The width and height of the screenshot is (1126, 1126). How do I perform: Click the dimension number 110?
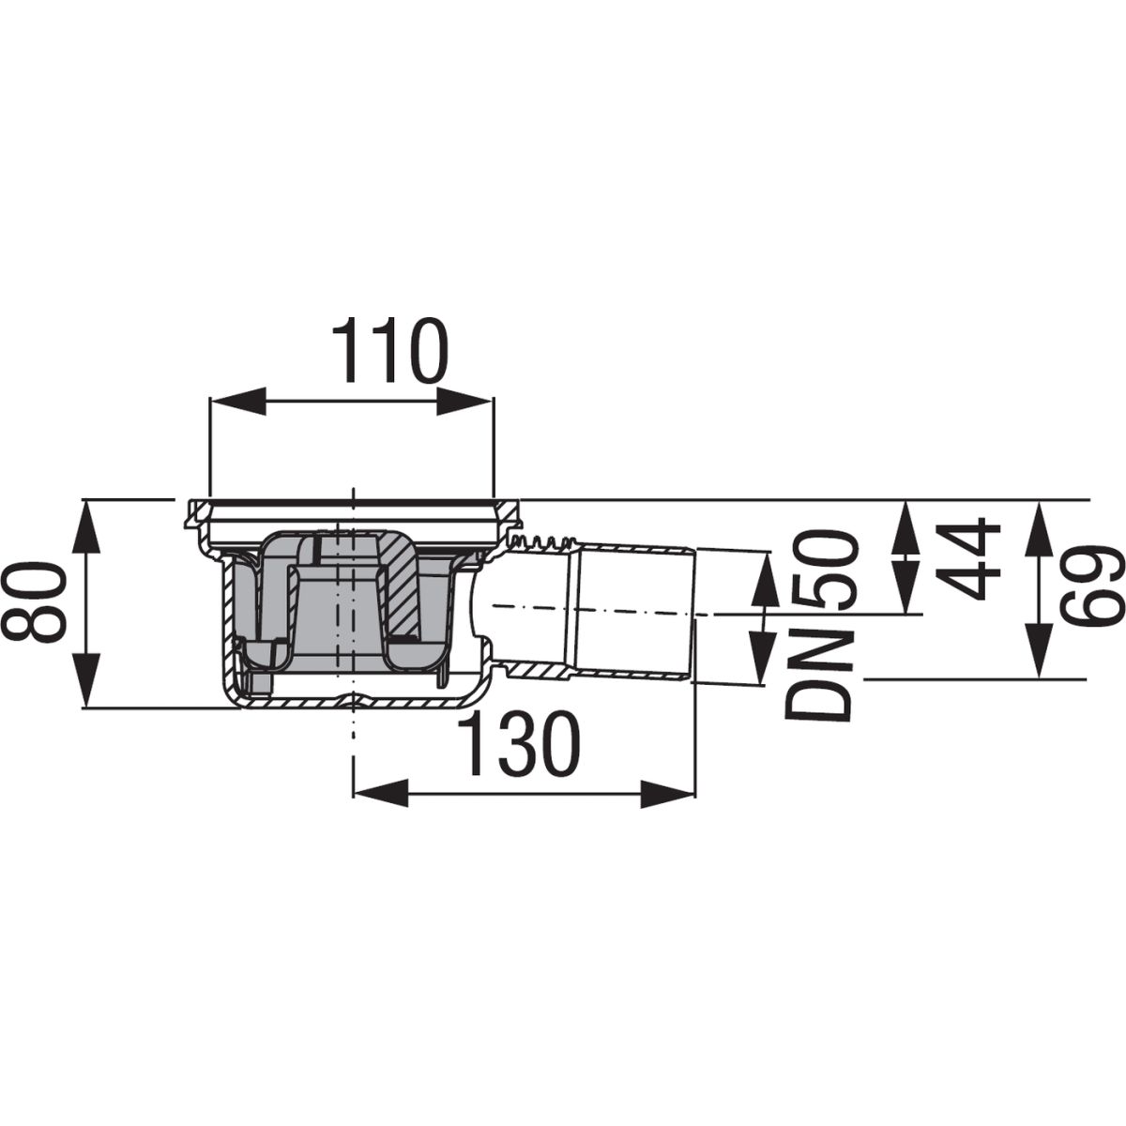click(x=389, y=351)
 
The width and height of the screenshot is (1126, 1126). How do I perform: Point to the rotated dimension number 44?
click(x=966, y=558)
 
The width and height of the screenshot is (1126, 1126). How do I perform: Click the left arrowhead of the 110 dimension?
click(x=236, y=401)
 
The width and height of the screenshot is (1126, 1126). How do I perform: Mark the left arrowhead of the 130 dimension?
click(x=381, y=794)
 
